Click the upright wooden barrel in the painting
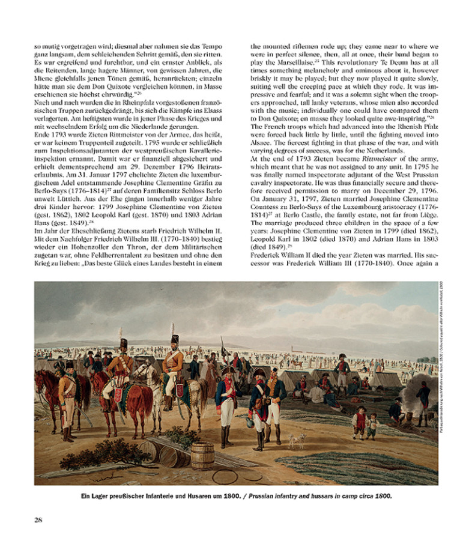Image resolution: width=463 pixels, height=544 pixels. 202,455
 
